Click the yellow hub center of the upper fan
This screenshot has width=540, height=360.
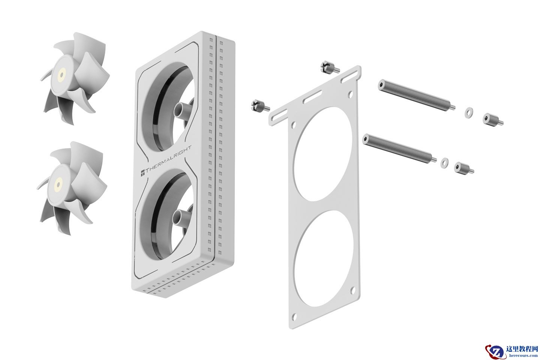point(61,75)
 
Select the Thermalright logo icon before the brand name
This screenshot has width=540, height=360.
point(143,172)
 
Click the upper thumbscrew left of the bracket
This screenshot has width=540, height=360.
point(330,67)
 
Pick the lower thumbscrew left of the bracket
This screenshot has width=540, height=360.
point(260,106)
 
